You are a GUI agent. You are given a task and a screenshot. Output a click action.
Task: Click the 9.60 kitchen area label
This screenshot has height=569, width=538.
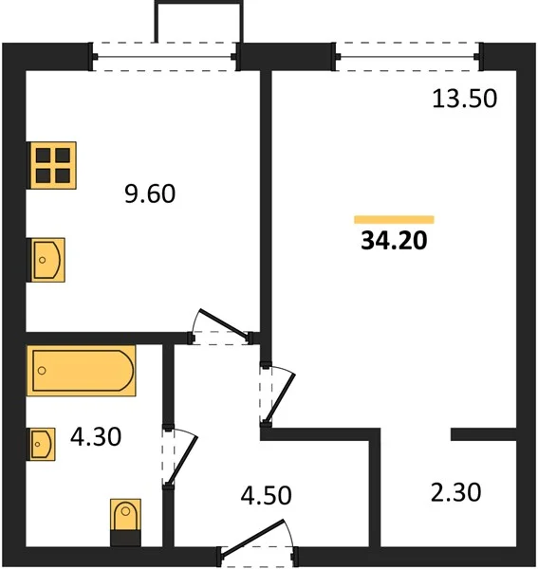[150, 193]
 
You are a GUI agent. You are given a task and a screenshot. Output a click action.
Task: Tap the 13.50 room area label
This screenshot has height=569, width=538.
[464, 99]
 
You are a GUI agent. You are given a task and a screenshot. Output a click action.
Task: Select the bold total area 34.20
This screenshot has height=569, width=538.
[394, 240]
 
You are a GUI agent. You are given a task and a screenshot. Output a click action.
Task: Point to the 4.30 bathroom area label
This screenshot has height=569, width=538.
[96, 436]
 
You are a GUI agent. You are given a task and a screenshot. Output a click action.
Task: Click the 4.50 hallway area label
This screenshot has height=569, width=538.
[266, 495]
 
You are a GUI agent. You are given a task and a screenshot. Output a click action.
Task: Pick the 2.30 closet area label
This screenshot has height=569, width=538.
[456, 492]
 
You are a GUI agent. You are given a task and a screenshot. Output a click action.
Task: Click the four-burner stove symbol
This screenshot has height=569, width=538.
[52, 165]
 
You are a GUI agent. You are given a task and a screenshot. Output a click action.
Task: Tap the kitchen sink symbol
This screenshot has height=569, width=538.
[46, 260]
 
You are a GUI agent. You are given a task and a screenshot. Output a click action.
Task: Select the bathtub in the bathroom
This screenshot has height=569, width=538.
[82, 371]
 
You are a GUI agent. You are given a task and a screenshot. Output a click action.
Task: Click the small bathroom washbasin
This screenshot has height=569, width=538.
[42, 444]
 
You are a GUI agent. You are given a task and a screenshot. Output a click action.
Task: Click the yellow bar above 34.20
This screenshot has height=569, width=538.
[394, 220]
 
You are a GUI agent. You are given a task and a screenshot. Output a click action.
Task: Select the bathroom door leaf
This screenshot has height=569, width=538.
[182, 460]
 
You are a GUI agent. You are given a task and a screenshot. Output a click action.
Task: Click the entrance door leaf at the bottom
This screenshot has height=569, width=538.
[252, 537]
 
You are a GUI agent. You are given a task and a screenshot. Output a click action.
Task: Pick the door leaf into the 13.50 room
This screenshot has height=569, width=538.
[280, 397]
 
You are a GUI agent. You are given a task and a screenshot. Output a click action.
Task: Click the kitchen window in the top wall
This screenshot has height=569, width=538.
[165, 57]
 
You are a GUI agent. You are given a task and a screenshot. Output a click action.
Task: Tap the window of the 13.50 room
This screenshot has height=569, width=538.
[408, 57]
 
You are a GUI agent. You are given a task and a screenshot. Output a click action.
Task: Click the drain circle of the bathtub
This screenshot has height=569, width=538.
[42, 371]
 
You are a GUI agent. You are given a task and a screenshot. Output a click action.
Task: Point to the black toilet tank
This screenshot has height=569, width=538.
[125, 539]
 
